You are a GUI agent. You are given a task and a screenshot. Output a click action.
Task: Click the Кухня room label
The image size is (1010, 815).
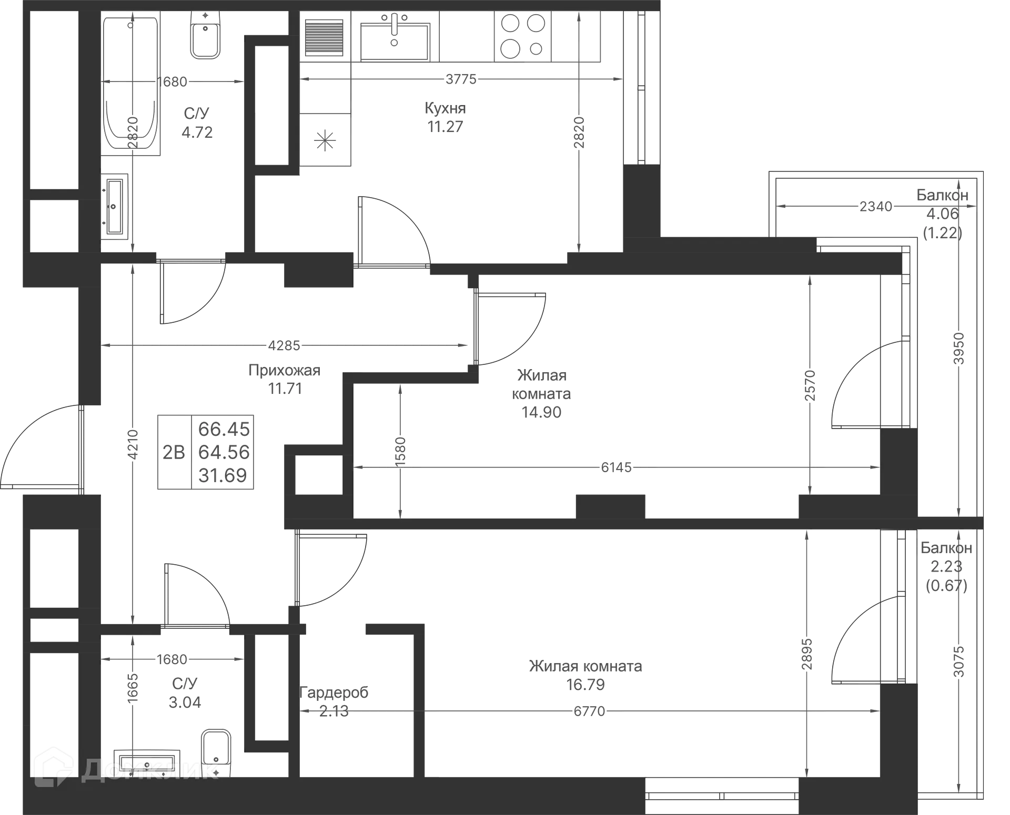445,109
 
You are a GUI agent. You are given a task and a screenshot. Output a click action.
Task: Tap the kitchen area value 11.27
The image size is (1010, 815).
446,127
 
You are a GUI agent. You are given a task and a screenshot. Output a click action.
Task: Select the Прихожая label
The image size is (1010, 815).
284,371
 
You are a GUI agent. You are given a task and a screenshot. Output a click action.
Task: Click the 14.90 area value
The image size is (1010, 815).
541,412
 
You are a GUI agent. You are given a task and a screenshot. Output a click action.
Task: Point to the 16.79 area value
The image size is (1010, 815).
585,685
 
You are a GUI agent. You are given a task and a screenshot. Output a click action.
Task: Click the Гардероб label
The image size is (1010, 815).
335,692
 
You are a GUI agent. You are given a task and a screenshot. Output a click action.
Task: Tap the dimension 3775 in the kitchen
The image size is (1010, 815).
461,80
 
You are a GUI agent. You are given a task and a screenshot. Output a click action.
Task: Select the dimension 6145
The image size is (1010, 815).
616,466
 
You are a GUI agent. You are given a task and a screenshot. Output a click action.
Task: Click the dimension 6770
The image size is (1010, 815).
589,711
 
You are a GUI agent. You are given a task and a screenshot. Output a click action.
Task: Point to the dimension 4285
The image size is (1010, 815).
284,345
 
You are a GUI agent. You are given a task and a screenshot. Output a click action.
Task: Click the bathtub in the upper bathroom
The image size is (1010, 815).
130,84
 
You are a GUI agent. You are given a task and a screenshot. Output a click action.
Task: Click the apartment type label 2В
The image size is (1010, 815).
174,452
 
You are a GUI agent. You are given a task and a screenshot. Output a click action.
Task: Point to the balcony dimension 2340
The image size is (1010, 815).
875,207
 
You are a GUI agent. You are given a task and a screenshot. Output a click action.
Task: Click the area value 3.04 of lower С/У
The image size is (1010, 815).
185,702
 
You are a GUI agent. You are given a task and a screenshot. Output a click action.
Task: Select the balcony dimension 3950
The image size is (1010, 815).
959,348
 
